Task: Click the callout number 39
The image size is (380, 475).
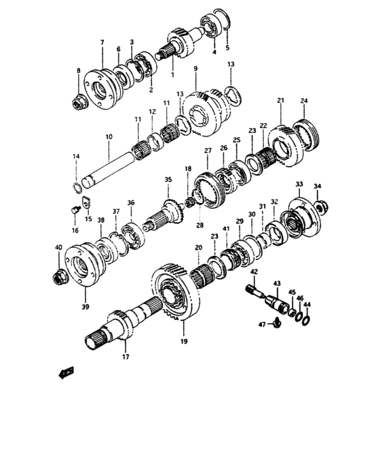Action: coord(85,307)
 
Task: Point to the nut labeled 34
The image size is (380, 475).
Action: coord(322,207)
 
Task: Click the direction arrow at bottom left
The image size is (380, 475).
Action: coord(66,373)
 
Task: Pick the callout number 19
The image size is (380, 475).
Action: coord(184,341)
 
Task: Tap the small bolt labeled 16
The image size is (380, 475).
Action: coord(76,209)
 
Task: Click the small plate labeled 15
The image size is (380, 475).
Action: coord(87,202)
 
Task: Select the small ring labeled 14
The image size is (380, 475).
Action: coord(78,187)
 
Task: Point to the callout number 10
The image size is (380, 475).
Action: coord(109,136)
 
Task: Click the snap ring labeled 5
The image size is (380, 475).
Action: coord(222,19)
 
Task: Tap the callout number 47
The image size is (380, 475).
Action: coord(262,325)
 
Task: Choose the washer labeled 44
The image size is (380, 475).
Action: coord(306,320)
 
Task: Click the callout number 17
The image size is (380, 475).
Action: coord(126,357)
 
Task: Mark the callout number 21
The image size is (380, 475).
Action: coord(281,100)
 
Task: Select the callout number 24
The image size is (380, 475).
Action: coord(304,100)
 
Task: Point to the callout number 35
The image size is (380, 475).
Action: coord(168,179)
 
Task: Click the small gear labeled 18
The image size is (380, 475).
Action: coord(190,202)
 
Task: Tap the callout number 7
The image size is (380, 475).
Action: coord(102,42)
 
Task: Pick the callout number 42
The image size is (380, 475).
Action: coord(254,271)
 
